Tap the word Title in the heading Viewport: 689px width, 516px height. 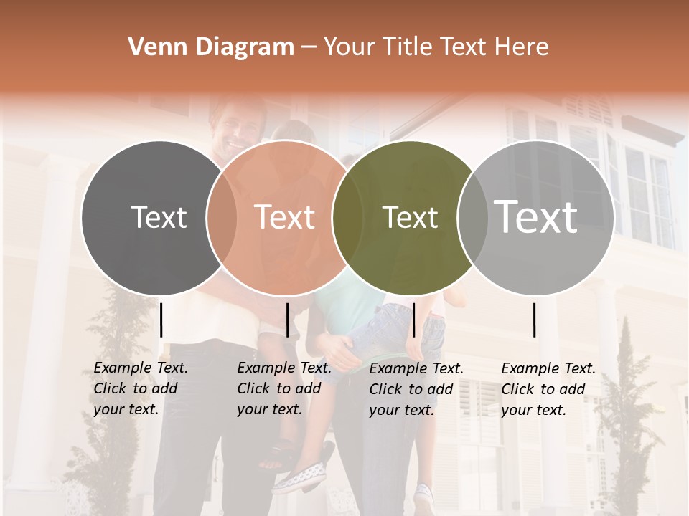[408, 47]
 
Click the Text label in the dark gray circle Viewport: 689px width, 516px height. [159, 217]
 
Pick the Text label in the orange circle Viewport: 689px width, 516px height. [285, 217]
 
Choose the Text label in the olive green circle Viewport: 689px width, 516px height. [410, 217]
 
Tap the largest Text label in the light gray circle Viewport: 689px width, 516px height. [536, 217]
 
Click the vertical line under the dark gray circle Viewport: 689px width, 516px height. [161, 320]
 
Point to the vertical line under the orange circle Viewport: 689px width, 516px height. [287, 320]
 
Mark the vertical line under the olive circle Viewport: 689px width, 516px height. [413, 320]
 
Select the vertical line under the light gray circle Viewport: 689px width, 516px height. [535, 320]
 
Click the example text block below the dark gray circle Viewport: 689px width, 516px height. [140, 388]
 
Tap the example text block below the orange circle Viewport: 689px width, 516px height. [283, 388]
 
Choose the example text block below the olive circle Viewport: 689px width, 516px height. [416, 389]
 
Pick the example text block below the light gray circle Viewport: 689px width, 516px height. [548, 389]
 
